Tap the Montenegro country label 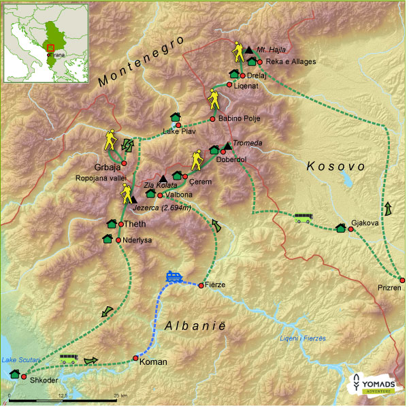[x=141, y=62]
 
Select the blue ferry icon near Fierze [x=174, y=277]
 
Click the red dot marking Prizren [x=402, y=279]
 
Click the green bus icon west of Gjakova [x=304, y=218]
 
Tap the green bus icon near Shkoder [x=69, y=358]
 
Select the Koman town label [x=152, y=363]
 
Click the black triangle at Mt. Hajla [x=250, y=50]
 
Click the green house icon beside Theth [x=112, y=224]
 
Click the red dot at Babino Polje [x=212, y=119]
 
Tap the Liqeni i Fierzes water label [x=303, y=338]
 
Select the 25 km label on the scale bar [x=120, y=395]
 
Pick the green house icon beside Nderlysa [x=107, y=239]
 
